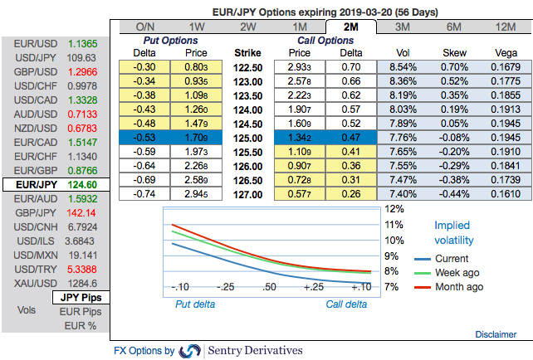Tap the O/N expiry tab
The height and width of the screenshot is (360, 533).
(x=146, y=27)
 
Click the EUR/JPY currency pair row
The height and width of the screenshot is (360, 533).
(x=54, y=184)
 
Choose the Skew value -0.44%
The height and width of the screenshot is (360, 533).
(x=455, y=192)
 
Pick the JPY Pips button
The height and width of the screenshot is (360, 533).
(x=81, y=296)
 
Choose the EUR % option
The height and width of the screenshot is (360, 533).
(x=81, y=325)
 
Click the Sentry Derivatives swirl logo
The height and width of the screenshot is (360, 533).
(x=190, y=351)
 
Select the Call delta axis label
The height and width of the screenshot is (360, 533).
(x=346, y=304)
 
